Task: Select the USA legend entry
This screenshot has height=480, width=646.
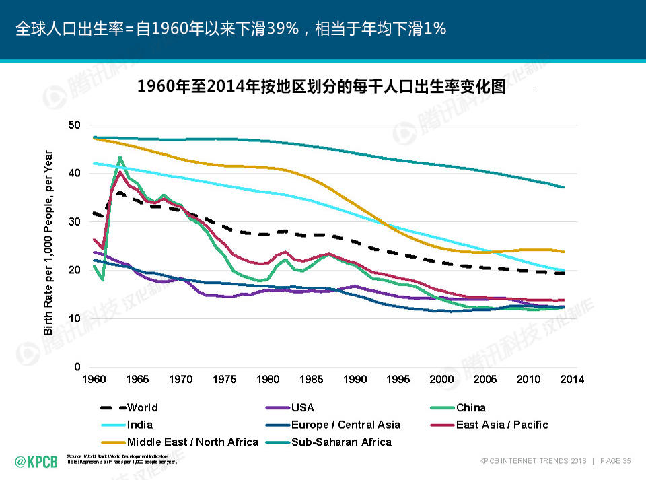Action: [302, 407]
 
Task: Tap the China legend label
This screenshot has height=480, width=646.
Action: [470, 407]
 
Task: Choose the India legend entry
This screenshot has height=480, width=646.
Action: [139, 425]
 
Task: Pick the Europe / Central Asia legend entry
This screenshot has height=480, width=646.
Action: [345, 425]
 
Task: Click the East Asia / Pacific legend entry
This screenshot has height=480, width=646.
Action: [501, 425]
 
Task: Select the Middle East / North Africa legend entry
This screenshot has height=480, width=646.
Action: [192, 442]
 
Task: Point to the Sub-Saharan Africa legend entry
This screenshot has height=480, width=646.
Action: [340, 442]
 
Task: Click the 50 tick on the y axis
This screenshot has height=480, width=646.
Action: [75, 125]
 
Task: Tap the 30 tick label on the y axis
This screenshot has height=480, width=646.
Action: [75, 222]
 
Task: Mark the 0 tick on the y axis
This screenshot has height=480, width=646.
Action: [77, 367]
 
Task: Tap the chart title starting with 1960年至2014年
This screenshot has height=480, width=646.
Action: [321, 87]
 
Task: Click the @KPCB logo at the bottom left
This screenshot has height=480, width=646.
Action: [36, 461]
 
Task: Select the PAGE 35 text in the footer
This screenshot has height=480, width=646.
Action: [615, 461]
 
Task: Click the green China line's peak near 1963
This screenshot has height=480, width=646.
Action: [120, 158]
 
